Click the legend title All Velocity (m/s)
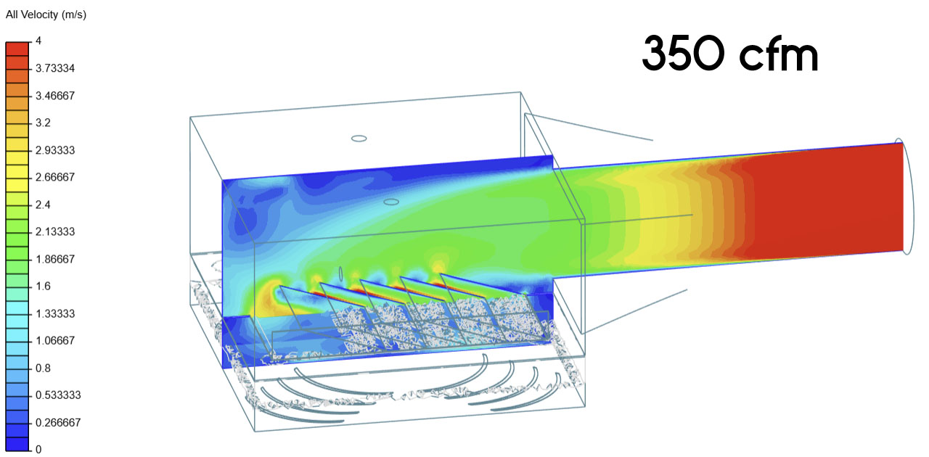point(46,15)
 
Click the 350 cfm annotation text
point(730,54)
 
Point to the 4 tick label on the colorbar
point(38,41)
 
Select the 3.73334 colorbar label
point(55,68)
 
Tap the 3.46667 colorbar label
point(55,96)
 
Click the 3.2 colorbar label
point(43,123)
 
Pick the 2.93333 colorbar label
point(55,150)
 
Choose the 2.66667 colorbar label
point(55,177)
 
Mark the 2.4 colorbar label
point(43,205)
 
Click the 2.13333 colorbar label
point(55,231)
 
